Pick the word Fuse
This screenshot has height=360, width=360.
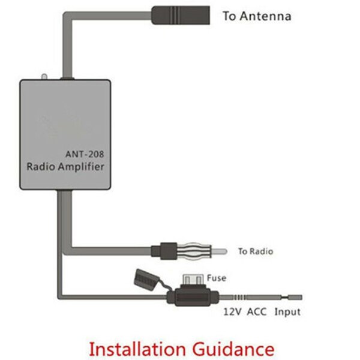217,278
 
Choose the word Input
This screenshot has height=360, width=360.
287,312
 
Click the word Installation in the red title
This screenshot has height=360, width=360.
141,349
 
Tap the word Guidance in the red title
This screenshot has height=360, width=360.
234,349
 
